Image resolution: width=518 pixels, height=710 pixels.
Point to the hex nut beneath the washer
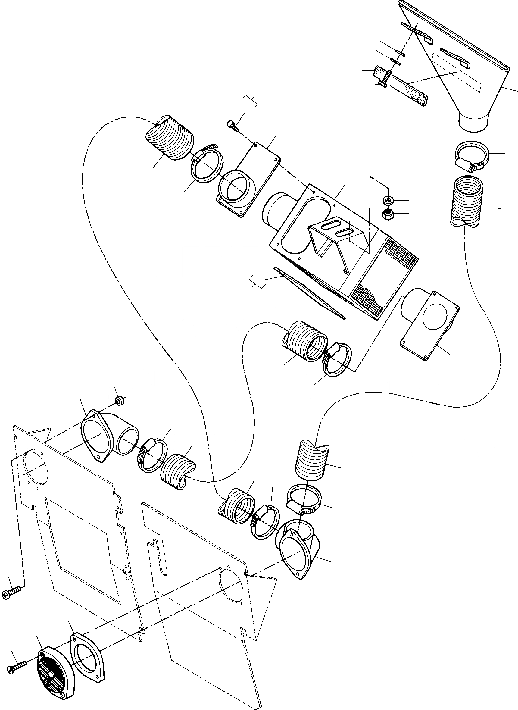click(x=388, y=214)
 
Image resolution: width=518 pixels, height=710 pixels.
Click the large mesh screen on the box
click(x=386, y=276)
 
